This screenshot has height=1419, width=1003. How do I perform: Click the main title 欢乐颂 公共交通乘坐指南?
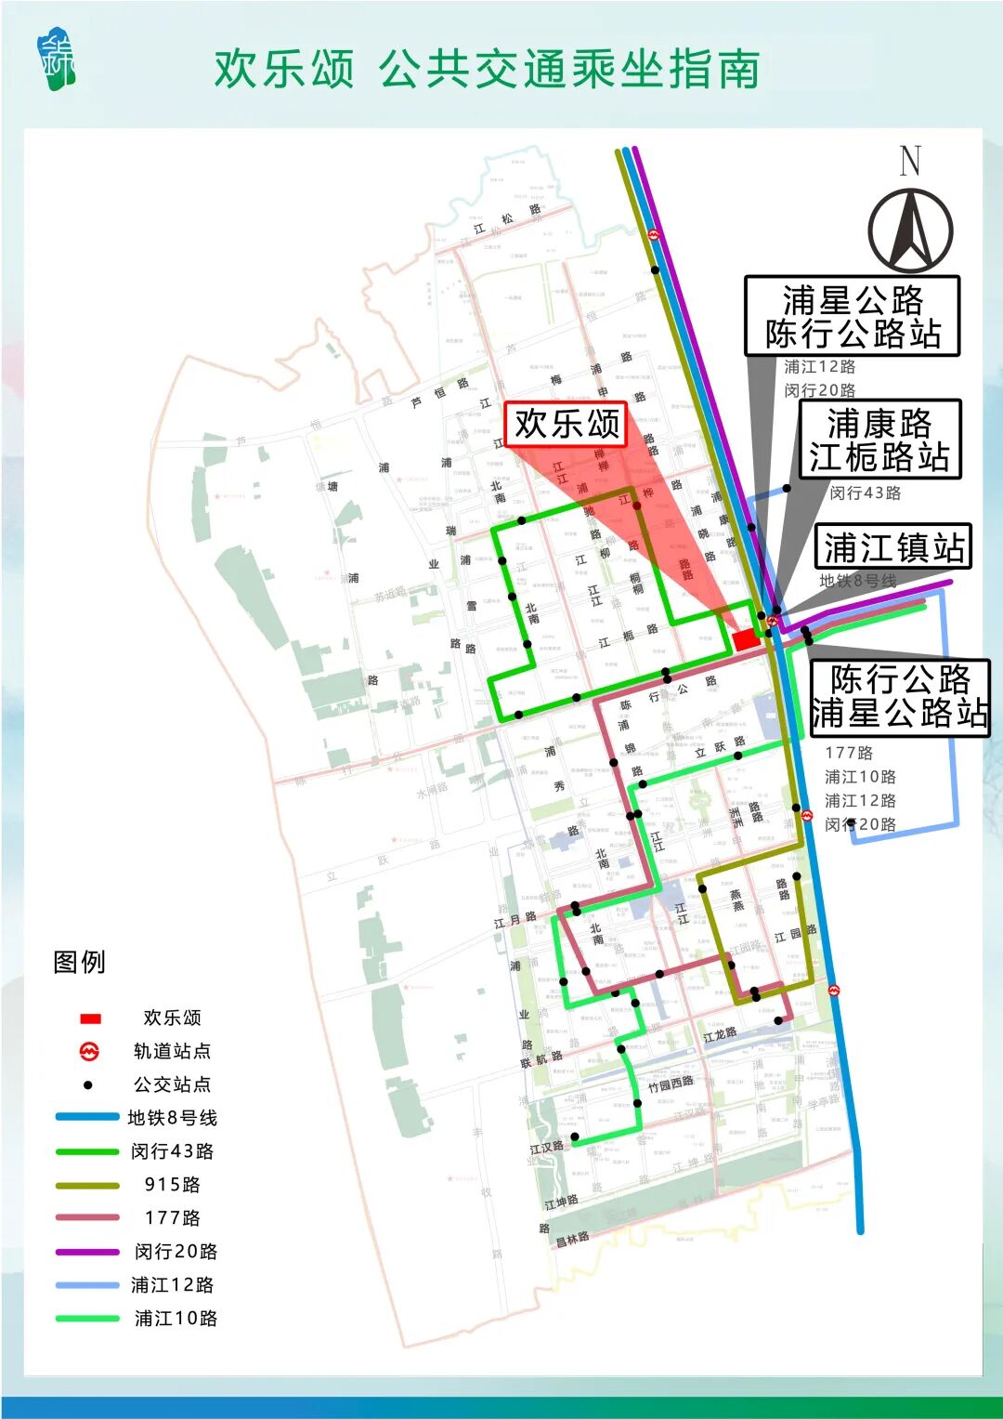click(487, 70)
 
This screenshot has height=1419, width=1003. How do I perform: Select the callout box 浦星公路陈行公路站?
click(852, 316)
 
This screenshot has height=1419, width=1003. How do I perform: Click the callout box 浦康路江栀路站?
click(879, 440)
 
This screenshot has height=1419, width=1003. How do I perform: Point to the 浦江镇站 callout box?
click(892, 547)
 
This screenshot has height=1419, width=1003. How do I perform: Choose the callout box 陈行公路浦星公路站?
click(899, 697)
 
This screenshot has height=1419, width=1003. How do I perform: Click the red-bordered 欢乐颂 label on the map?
click(567, 424)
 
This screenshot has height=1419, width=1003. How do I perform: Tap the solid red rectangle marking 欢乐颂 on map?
click(746, 640)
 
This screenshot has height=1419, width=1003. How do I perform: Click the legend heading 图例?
click(80, 962)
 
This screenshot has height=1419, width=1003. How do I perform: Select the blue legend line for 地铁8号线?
click(87, 1117)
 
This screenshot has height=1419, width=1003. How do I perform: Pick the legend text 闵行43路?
click(173, 1151)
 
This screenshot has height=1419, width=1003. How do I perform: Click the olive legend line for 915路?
click(87, 1185)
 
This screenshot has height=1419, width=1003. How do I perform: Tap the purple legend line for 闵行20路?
click(87, 1252)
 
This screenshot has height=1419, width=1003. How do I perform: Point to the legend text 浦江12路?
click(173, 1285)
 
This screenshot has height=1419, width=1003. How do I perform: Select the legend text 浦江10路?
click(176, 1319)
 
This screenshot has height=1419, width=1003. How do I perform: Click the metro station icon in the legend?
click(89, 1051)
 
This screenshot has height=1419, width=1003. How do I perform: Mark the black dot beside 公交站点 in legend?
click(88, 1084)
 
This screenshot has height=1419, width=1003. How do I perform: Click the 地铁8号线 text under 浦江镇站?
click(858, 582)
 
